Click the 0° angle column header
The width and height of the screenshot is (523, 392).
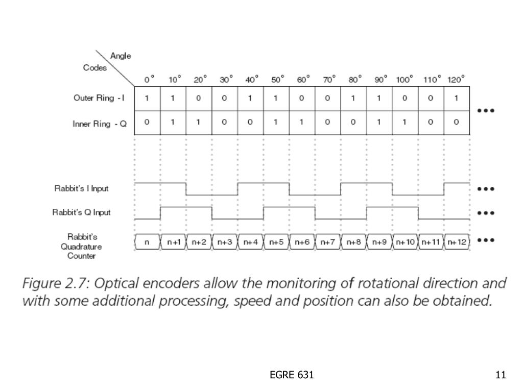[149, 80]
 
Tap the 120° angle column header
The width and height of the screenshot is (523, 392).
[456, 80]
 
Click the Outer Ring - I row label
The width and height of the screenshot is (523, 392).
[100, 99]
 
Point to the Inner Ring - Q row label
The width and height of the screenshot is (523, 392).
[100, 123]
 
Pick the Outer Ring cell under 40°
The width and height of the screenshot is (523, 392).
[250, 99]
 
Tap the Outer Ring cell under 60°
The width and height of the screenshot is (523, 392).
[302, 99]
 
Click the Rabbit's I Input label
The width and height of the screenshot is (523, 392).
[82, 188]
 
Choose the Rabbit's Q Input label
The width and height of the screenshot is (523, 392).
[82, 212]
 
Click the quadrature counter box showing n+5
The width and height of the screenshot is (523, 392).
[276, 242]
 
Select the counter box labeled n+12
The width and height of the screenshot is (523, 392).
[457, 242]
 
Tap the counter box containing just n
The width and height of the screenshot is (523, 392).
[147, 242]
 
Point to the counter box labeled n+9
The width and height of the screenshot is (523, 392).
[379, 242]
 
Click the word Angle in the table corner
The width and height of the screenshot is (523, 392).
[121, 56]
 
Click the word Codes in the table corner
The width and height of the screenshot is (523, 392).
[95, 68]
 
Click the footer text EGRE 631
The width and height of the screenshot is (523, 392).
[292, 375]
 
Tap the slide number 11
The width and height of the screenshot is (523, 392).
[501, 375]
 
